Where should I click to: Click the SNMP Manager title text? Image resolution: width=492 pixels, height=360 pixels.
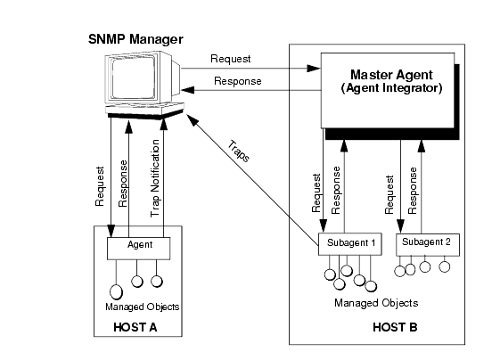[x=135, y=39]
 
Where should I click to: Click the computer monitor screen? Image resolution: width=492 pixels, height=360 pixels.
[x=134, y=78]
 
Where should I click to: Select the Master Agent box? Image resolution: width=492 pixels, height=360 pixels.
[x=388, y=90]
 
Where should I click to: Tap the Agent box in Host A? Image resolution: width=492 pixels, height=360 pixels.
[x=139, y=249]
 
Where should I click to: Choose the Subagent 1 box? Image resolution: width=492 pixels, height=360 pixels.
[x=350, y=244]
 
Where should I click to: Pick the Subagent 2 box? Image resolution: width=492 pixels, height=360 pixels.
[x=428, y=244]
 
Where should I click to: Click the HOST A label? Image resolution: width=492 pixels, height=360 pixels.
[x=135, y=327]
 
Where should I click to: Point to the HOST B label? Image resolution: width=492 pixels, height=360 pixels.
[x=395, y=327]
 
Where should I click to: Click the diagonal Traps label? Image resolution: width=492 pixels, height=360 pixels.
[x=239, y=151]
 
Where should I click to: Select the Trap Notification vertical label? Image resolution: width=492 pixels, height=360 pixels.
[x=155, y=178]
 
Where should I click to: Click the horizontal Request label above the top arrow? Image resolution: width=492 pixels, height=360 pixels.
[x=231, y=59]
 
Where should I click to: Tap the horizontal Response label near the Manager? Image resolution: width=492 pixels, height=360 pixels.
[x=238, y=81]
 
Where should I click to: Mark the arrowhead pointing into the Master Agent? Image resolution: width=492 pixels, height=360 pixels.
[x=314, y=68]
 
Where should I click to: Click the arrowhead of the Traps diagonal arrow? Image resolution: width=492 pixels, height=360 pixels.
[x=193, y=120]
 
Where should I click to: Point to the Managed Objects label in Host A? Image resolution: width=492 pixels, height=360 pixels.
[x=142, y=307]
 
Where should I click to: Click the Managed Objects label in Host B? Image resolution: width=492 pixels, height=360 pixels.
[x=376, y=303]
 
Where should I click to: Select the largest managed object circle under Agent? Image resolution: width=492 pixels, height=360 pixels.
[x=116, y=291]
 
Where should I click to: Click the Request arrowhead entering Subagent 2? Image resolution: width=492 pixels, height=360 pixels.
[x=400, y=226]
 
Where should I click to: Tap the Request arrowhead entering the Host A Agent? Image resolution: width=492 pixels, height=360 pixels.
[x=111, y=231]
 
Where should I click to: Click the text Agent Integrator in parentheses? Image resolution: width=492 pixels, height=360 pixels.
[x=391, y=88]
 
